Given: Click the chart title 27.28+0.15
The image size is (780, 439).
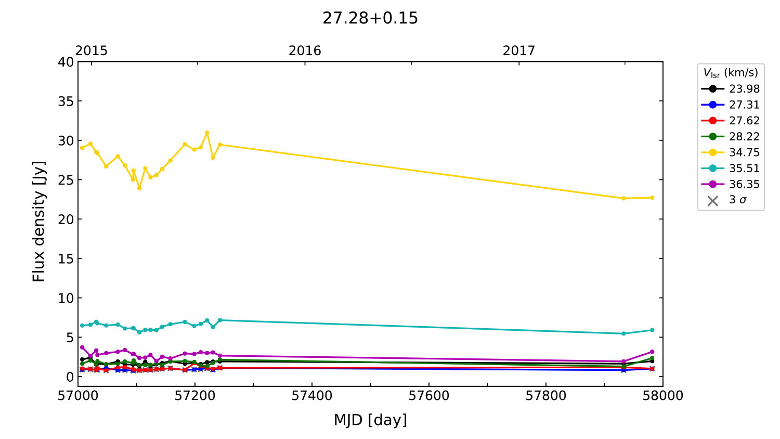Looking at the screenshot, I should pyautogui.click(x=370, y=18).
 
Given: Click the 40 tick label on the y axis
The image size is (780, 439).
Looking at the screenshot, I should pyautogui.click(x=66, y=62).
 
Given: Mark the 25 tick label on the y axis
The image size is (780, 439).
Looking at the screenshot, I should pyautogui.click(x=66, y=180).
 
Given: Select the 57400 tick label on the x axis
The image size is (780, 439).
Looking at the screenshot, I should pyautogui.click(x=312, y=396).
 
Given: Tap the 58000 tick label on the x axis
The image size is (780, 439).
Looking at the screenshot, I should pyautogui.click(x=662, y=396).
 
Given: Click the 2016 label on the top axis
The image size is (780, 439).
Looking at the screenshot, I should pyautogui.click(x=305, y=50).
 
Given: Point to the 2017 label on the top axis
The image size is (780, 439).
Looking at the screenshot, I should pyautogui.click(x=518, y=50).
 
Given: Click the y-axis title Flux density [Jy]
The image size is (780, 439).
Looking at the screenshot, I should pyautogui.click(x=39, y=221).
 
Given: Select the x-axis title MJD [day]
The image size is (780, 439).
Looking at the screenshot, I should pyautogui.click(x=370, y=420).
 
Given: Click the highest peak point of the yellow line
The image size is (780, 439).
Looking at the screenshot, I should pyautogui.click(x=207, y=133).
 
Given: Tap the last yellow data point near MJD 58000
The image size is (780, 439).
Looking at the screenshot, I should pyautogui.click(x=652, y=198).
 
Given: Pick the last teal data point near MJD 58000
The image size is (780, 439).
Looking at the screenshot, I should pyautogui.click(x=652, y=330).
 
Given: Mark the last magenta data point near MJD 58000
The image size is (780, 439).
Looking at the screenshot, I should pyautogui.click(x=652, y=352).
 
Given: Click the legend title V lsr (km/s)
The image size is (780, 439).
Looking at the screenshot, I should pyautogui.click(x=731, y=73).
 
